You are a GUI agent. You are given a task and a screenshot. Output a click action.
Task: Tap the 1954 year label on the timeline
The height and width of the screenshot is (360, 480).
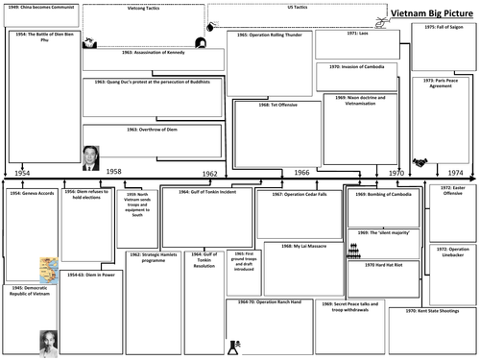coord(22,171)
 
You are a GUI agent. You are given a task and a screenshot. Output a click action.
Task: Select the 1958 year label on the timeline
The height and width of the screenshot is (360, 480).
coord(113,171)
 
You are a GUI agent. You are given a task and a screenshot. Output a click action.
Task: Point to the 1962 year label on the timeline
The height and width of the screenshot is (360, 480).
coord(209,172)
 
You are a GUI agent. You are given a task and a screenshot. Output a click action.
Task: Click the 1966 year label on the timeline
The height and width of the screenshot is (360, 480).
coord(300,172)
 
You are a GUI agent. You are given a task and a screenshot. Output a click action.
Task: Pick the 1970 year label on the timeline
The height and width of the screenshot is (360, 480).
coord(396,172)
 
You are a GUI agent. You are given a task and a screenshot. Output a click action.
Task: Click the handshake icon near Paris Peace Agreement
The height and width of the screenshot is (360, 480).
coord(420,162)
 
